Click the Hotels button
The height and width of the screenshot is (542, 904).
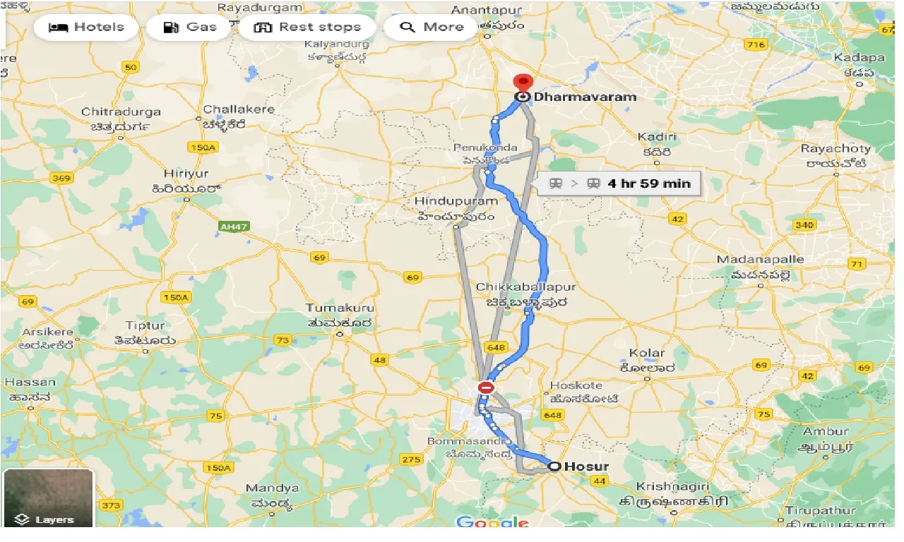coord(85,28)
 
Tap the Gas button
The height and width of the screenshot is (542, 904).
coord(189,28)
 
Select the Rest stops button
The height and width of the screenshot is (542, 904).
coord(307,28)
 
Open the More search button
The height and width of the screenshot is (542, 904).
coord(432,28)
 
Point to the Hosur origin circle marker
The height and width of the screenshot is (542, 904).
coord(554,466)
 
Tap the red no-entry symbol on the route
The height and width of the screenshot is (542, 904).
coord(486,387)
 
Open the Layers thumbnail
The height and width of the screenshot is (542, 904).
coord(48,498)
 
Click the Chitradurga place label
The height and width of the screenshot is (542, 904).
coord(121,112)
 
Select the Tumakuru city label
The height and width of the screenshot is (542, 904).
coord(339,308)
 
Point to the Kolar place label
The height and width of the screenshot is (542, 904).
coord(647,353)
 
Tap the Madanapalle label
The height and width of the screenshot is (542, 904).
coord(760,260)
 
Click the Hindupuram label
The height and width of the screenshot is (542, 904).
coord(456,201)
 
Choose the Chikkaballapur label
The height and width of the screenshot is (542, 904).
coord(525,287)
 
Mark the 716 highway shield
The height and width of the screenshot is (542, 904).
coord(756,45)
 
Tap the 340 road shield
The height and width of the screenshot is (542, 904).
coord(804,225)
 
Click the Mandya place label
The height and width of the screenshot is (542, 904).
coord(272,488)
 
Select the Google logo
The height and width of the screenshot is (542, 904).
coord(493,523)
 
